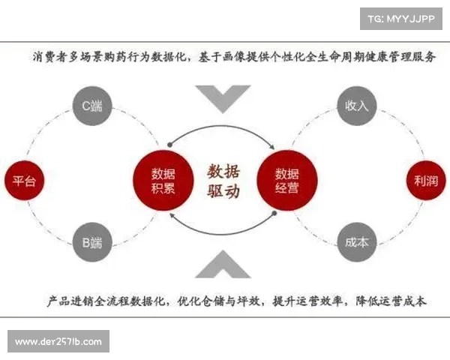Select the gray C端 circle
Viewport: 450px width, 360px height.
click(x=91, y=107)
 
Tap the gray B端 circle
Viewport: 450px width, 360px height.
click(x=91, y=242)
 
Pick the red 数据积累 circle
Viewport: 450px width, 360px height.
click(x=159, y=181)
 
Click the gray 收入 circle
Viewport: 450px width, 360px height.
click(x=356, y=106)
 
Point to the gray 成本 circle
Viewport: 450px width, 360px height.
click(x=356, y=242)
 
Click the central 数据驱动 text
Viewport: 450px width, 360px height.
click(x=223, y=181)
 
